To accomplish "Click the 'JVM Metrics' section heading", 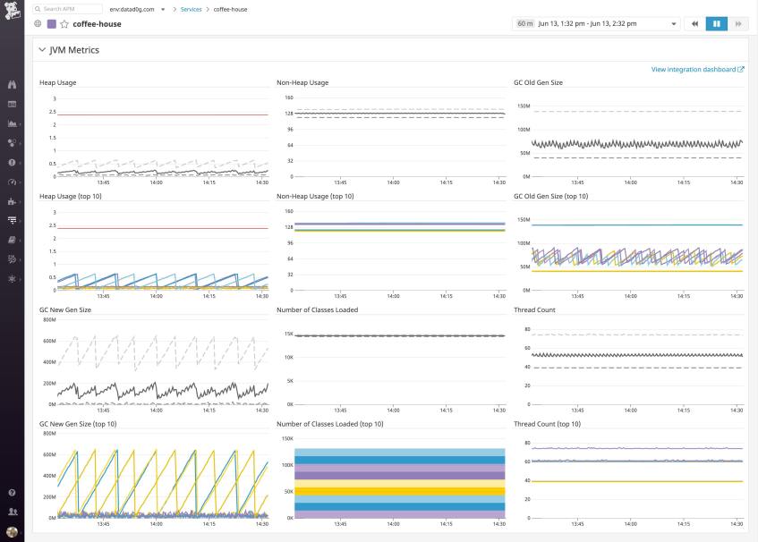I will (x=73, y=50).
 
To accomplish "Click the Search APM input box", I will (x=67, y=9).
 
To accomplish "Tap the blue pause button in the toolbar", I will (x=717, y=23).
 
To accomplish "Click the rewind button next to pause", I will (x=695, y=23).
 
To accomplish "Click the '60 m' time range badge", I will (x=525, y=23).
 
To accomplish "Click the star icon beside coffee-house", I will (x=64, y=24).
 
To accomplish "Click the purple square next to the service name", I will (x=51, y=24).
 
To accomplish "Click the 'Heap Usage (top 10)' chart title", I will (x=71, y=196).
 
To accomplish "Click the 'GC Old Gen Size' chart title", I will (x=538, y=82).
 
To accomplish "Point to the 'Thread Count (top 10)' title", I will (x=547, y=423).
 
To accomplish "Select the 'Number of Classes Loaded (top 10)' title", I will (x=330, y=423).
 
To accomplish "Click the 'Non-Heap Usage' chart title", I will (x=302, y=82).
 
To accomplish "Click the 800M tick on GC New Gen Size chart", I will (x=49, y=319).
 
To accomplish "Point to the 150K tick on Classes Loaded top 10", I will (x=287, y=438).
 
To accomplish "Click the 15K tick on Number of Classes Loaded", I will (x=288, y=334).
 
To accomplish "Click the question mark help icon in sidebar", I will (x=13, y=493).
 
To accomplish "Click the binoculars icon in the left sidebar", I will (x=13, y=85).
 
